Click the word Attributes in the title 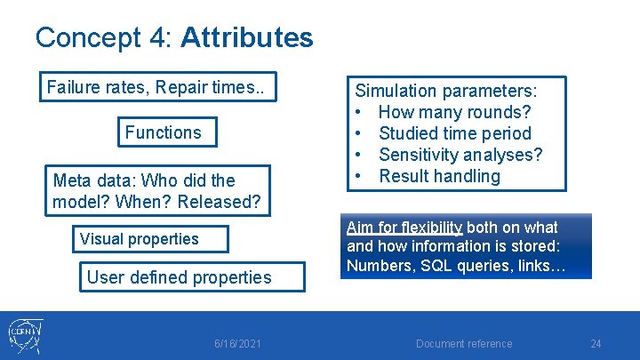click(246, 37)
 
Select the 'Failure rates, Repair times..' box click(161, 87)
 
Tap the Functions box click(163, 132)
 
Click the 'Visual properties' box click(139, 238)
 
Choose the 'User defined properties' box click(179, 277)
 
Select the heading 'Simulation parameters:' click(445, 91)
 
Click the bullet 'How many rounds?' click(454, 112)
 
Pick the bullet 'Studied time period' click(454, 133)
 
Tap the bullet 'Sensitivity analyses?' click(460, 155)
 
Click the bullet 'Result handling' click(439, 176)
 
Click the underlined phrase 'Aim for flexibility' click(404, 227)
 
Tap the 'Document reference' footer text click(465, 344)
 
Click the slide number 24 click(596, 344)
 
